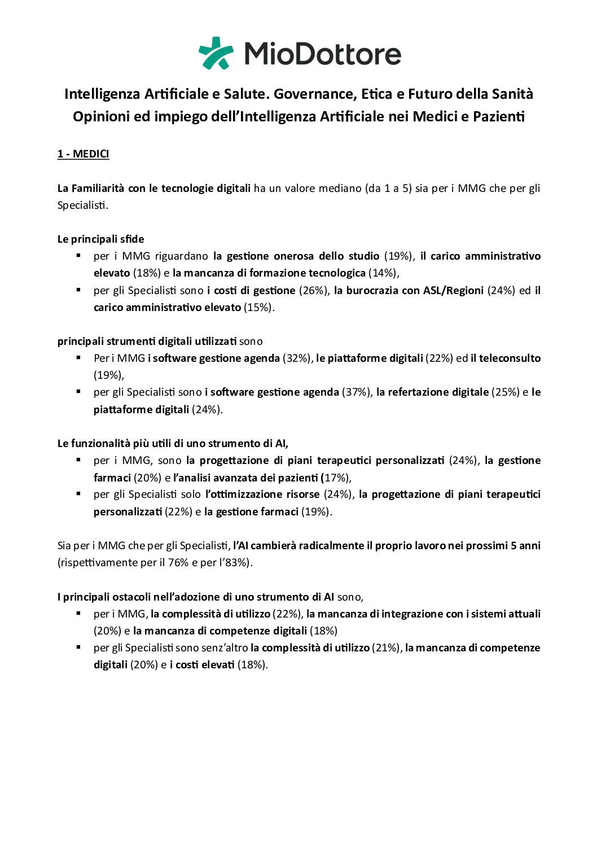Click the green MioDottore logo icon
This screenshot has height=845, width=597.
(216, 53)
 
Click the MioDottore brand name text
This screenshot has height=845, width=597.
(322, 54)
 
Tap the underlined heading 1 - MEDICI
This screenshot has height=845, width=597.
(83, 154)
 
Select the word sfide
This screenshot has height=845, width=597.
(132, 239)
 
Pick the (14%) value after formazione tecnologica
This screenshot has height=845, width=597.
(384, 273)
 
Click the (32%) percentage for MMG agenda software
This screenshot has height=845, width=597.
(297, 358)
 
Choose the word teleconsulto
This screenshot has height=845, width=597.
(510, 358)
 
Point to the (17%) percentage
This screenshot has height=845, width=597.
(337, 478)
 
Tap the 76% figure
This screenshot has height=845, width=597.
(178, 563)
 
